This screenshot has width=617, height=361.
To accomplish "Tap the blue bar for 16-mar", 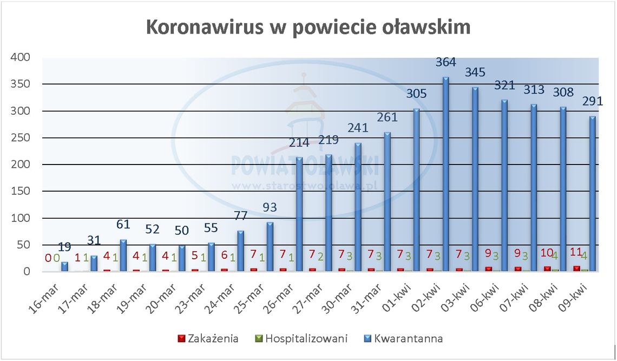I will point(65,266).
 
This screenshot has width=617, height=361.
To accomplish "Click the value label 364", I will point(445,63).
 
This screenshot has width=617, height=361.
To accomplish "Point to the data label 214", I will point(299,143).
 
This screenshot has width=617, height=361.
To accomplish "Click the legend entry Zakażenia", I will point(210,339).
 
